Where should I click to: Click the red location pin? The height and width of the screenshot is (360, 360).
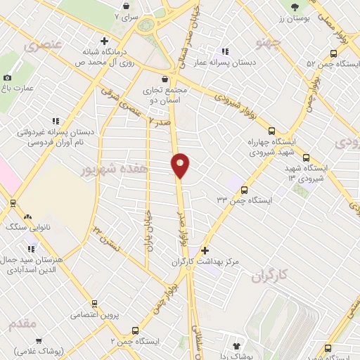tap(181, 165)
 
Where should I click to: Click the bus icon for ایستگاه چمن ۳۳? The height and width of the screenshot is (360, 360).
tap(245, 190)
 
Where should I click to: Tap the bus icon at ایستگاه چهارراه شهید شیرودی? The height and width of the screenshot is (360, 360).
tap(271, 130)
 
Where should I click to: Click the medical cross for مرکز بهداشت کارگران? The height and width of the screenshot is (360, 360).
tap(205, 250)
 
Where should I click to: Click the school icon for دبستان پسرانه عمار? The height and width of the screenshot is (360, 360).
tap(224, 51)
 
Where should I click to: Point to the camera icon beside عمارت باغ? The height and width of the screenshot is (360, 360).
tap(8, 77)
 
